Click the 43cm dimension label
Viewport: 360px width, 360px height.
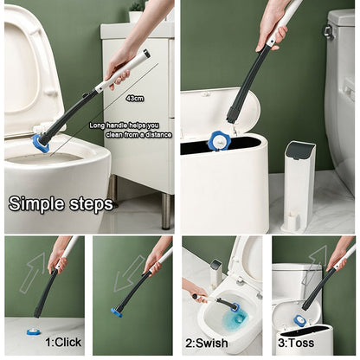click(135, 99)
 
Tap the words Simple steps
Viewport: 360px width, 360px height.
click(61, 204)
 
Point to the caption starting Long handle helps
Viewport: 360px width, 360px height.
click(131, 130)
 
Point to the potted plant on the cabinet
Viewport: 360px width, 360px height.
click(137, 11)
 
